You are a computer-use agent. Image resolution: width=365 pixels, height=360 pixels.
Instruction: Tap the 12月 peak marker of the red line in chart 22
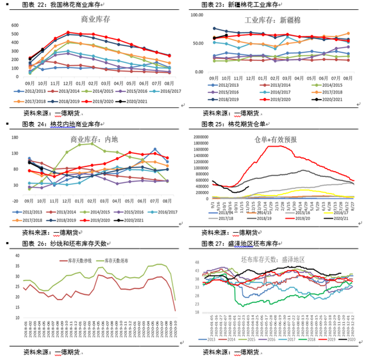tap(68, 32)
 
